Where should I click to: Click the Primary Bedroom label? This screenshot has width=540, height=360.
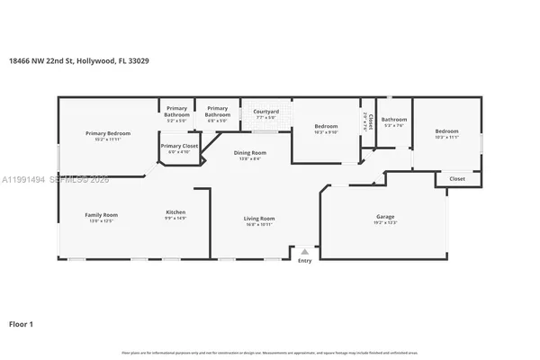[x=102, y=133]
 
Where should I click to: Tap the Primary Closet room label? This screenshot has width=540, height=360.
[x=179, y=145]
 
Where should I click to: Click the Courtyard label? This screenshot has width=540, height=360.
[x=266, y=111]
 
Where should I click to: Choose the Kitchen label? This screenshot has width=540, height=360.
[x=175, y=213]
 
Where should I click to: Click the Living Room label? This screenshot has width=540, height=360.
[x=259, y=218]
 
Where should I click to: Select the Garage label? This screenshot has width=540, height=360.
[x=385, y=216]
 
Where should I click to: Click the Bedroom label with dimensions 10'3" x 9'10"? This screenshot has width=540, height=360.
[x=326, y=126]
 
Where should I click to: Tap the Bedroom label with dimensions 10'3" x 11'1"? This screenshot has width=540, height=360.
[x=447, y=130]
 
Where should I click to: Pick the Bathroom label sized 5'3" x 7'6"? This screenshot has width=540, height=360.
[x=394, y=120]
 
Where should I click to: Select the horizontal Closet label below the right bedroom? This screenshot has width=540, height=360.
[x=457, y=179]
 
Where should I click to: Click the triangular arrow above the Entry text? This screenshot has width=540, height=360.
[x=305, y=252]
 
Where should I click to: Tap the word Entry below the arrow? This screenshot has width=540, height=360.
[x=305, y=261]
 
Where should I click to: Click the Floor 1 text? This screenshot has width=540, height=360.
[x=21, y=322]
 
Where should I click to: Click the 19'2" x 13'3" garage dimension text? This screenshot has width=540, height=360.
[x=385, y=222]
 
